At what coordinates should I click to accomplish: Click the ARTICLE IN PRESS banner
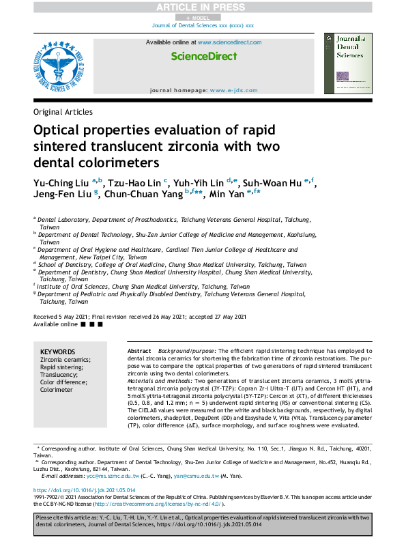pos(202,7)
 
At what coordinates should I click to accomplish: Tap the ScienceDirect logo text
pos(203,55)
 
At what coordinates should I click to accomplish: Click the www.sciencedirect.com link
pos(229,42)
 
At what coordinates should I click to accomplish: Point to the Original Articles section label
pos(63,112)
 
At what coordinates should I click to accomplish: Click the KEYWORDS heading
pos(58,351)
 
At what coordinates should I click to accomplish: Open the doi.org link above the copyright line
pos(86,490)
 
